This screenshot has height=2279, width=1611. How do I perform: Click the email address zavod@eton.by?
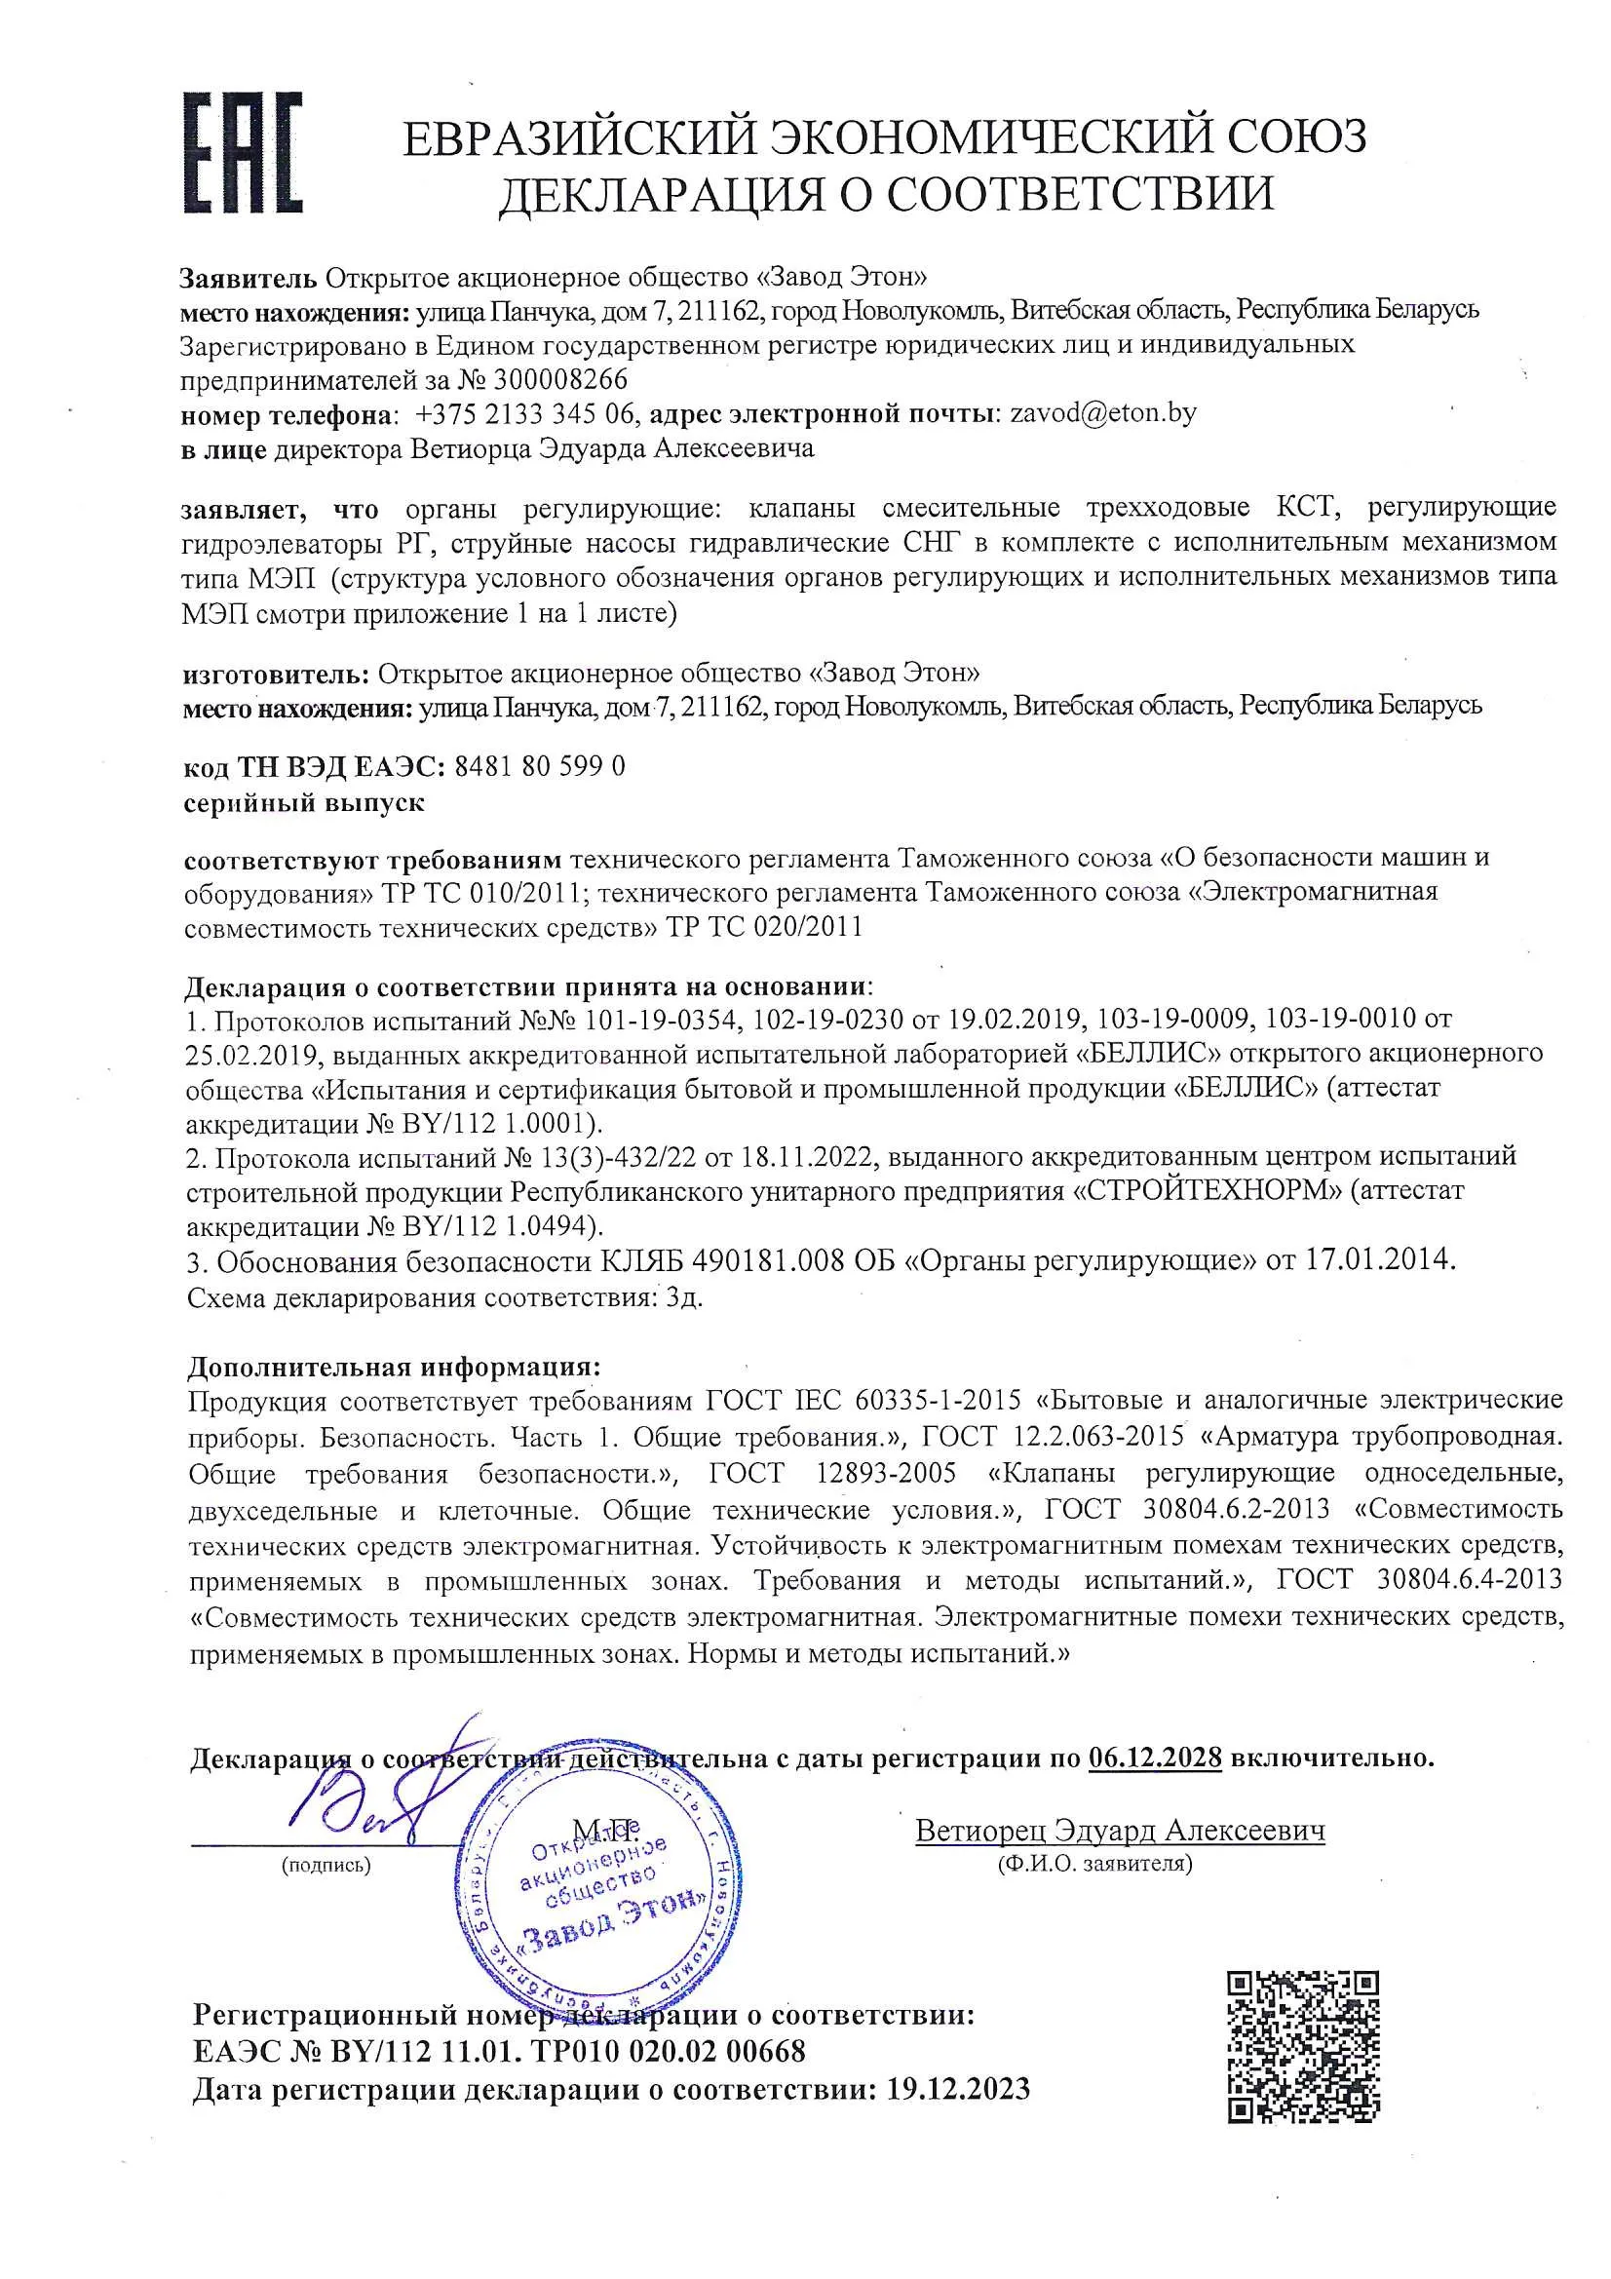[x=1102, y=413]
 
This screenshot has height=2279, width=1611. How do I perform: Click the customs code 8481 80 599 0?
[x=539, y=766]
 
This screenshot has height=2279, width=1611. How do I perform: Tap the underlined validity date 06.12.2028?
[x=1153, y=1758]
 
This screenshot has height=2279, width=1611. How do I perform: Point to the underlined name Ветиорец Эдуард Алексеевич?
[x=1120, y=1831]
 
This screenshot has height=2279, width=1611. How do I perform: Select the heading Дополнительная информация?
[x=394, y=1367]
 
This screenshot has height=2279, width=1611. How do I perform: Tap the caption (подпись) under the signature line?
[x=326, y=1866]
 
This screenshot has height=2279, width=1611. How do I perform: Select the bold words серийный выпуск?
[x=304, y=802]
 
